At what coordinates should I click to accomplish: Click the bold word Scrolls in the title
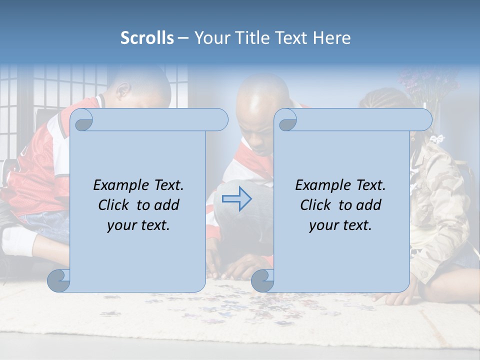coord(147,38)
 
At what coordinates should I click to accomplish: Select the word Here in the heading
coord(331,38)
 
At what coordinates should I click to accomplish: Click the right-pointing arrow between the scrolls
coord(236,199)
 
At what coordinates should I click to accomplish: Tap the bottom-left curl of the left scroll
coord(58,281)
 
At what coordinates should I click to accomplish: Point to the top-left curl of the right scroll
coord(286,120)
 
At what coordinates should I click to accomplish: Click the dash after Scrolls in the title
coord(183,38)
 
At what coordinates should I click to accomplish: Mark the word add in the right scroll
coord(369,205)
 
